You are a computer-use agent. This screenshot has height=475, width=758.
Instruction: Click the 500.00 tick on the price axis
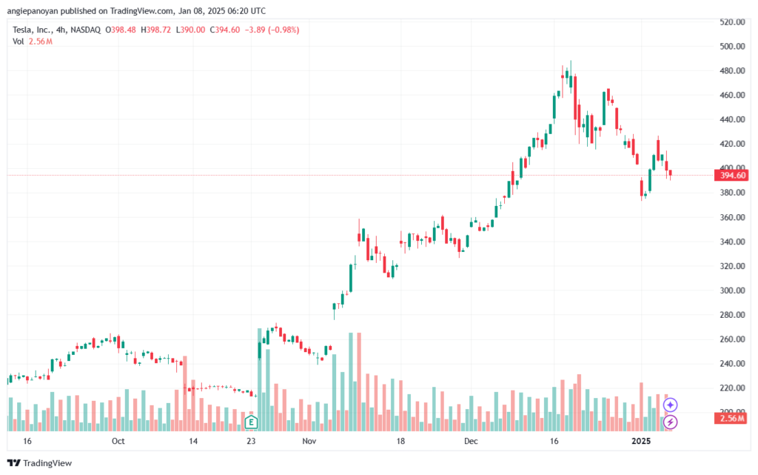point(732,47)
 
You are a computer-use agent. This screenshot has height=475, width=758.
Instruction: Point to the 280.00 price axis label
point(732,315)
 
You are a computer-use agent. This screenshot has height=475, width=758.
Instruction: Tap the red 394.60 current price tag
point(731,175)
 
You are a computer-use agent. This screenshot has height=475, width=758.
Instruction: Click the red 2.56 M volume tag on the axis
point(731,419)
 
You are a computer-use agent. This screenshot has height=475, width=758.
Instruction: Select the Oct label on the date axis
point(118,441)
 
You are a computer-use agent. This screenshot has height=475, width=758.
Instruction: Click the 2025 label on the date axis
point(641,441)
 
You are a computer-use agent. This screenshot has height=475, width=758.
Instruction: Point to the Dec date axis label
point(470,441)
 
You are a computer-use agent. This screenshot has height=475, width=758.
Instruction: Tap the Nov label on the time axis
point(309,441)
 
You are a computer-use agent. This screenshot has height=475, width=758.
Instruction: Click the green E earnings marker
point(251,422)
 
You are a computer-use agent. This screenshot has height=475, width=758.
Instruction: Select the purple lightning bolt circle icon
point(670,422)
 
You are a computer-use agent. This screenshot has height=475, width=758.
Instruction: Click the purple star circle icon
point(670,405)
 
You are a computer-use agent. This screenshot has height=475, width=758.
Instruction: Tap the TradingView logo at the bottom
point(40,463)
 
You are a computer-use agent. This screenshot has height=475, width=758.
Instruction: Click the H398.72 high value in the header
point(155,30)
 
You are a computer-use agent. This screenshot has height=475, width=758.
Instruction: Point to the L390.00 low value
point(190,30)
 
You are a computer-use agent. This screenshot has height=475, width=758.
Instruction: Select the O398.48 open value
point(121,30)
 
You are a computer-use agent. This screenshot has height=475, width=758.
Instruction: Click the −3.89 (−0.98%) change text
point(272,30)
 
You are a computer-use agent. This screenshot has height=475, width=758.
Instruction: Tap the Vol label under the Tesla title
point(19,41)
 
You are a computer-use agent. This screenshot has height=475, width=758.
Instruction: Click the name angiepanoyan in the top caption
point(32,11)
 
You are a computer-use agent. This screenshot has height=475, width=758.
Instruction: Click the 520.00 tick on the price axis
point(732,21)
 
